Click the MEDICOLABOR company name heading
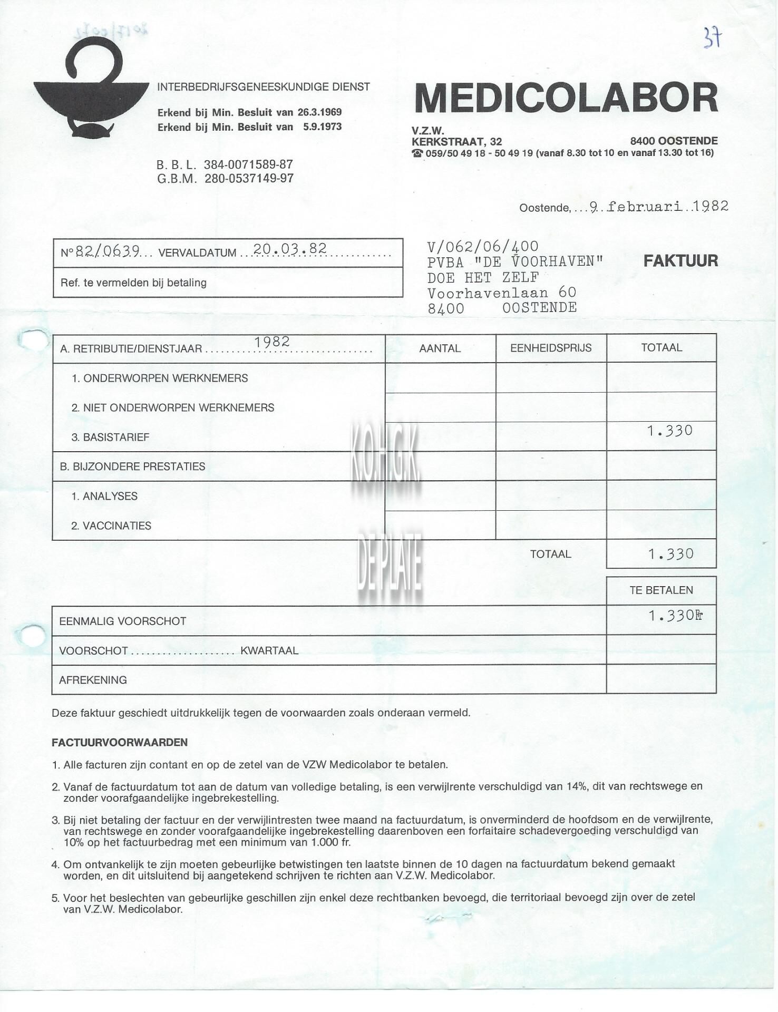pyautogui.click(x=566, y=98)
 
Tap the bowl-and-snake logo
pyautogui.click(x=90, y=92)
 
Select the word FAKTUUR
pyautogui.click(x=680, y=260)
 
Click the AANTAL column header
pyautogui.click(x=440, y=348)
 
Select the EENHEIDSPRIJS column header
pyautogui.click(x=551, y=348)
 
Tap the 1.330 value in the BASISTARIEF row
pyautogui.click(x=670, y=431)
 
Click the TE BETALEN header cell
pyautogui.click(x=661, y=590)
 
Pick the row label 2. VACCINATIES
pyautogui.click(x=111, y=526)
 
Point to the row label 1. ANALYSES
pyautogui.click(x=104, y=496)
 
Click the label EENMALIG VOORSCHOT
pyautogui.click(x=122, y=621)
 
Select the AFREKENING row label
pyautogui.click(x=93, y=680)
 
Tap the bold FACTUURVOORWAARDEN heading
pyautogui.click(x=120, y=742)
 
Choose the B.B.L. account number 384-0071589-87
pyautogui.click(x=248, y=164)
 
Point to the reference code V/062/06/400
pyautogui.click(x=483, y=246)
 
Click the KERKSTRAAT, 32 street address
pyautogui.click(x=456, y=141)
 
